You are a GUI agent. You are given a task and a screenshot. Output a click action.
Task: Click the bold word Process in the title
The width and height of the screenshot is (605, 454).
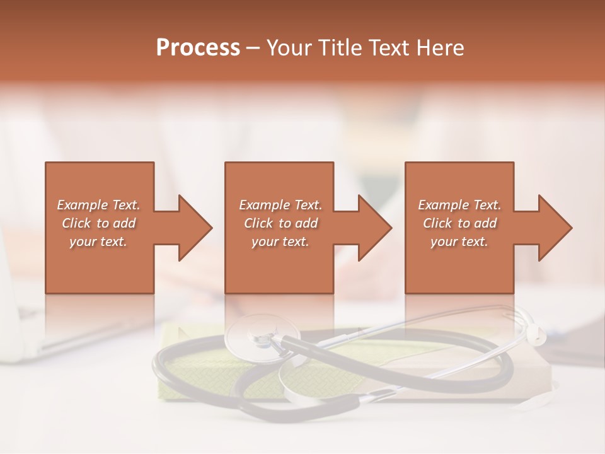point(198,48)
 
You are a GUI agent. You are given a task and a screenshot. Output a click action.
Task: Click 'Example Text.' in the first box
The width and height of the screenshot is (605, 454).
point(98,205)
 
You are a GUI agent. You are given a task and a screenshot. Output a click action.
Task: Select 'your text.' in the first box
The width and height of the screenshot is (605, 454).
point(98,242)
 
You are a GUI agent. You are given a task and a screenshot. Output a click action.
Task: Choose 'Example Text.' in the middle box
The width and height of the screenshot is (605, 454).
point(280,205)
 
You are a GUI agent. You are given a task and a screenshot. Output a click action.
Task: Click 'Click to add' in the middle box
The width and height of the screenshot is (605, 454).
point(280,223)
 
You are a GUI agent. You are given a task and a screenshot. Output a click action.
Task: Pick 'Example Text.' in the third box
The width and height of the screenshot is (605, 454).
point(459,205)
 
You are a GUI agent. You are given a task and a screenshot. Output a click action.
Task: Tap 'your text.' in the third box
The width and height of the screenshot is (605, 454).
point(459,242)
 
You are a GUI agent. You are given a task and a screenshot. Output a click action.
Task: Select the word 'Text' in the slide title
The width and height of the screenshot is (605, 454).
point(389,48)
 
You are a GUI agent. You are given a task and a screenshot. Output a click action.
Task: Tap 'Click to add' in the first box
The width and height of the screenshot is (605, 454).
point(98,223)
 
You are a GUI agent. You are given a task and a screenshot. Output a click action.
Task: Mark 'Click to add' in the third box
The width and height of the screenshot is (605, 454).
point(459,223)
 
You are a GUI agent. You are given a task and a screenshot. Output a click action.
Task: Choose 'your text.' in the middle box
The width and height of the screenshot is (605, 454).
point(280,242)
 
